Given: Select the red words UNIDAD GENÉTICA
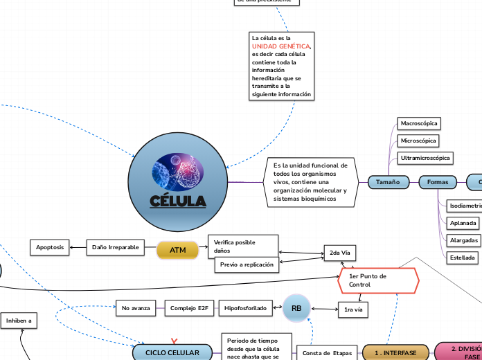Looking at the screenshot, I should click(x=280, y=46).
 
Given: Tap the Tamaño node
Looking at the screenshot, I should click(x=387, y=182).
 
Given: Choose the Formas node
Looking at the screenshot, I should click(x=438, y=182).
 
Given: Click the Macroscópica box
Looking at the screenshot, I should click(x=419, y=123).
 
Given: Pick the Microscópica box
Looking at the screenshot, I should click(x=418, y=141).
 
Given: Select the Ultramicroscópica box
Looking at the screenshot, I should click(x=425, y=159).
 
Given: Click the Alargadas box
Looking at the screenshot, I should click(x=463, y=240).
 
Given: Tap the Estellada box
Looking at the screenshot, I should click(x=463, y=258).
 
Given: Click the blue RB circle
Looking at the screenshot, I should click(x=296, y=307).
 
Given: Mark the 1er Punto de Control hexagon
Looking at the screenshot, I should click(x=379, y=280).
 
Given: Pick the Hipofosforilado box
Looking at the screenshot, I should click(x=245, y=308).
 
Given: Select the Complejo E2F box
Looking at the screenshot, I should click(x=188, y=308).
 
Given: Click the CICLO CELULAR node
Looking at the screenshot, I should click(x=172, y=352).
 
